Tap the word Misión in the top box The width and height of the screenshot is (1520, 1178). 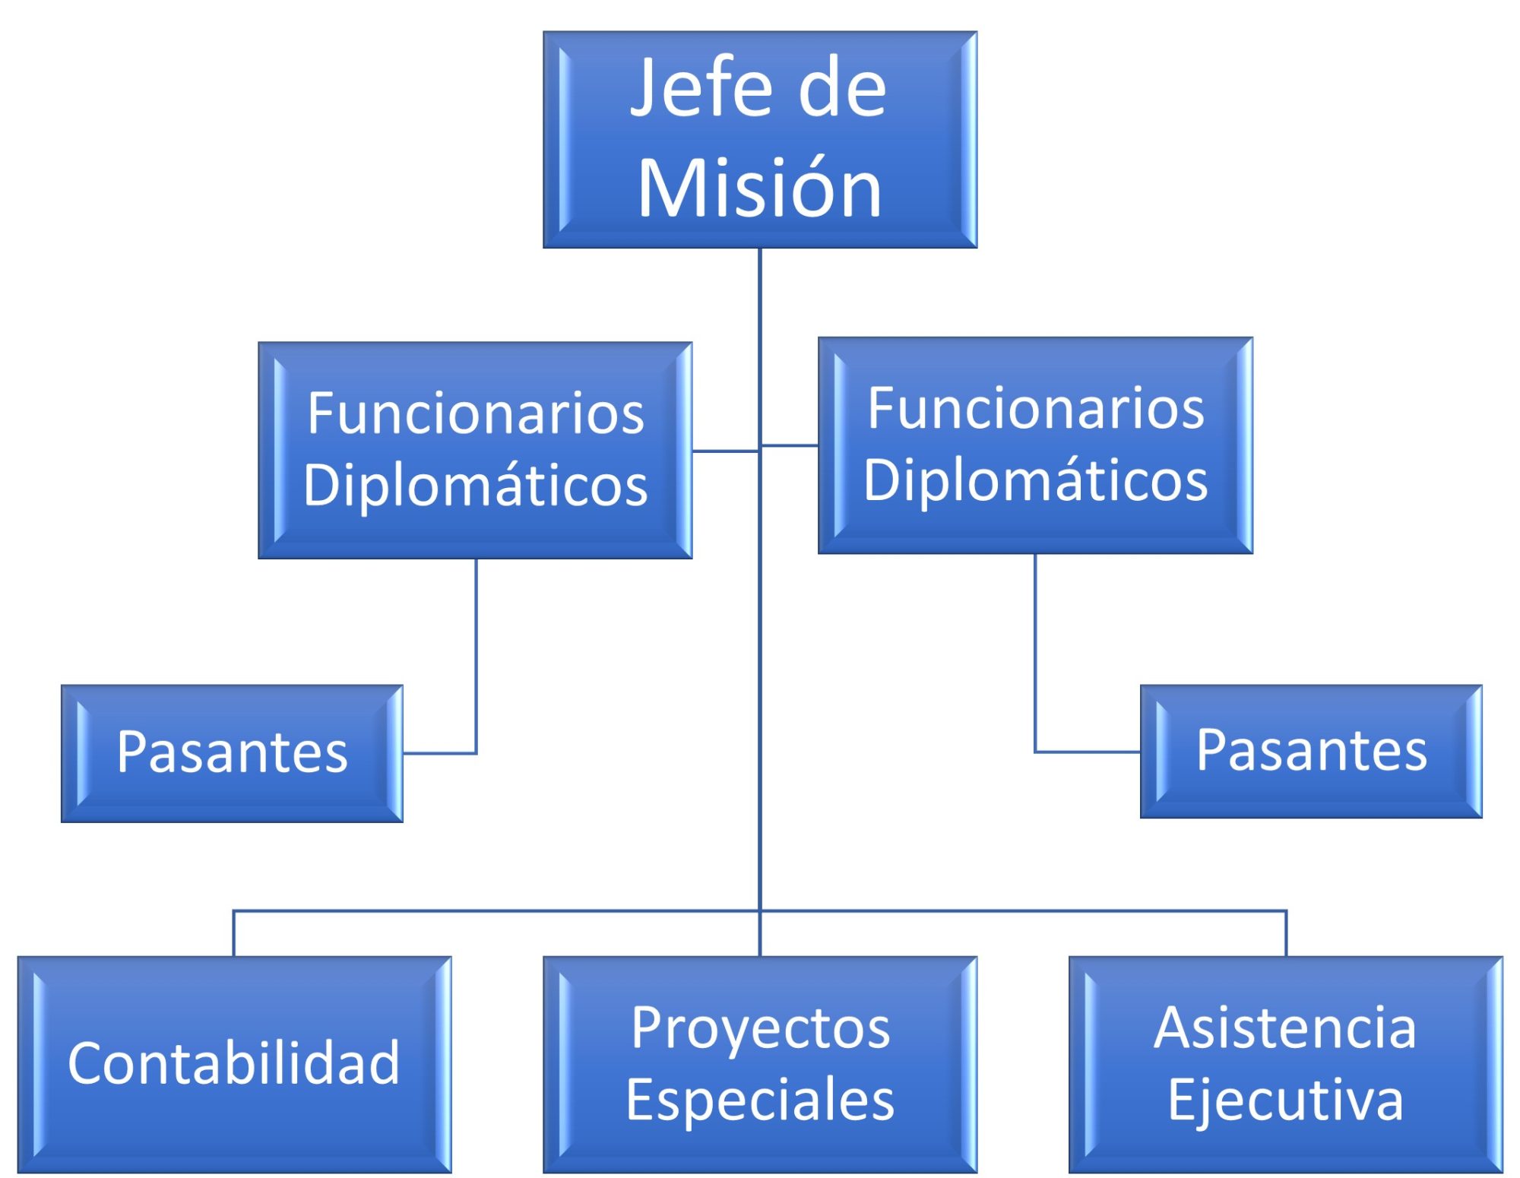point(759,188)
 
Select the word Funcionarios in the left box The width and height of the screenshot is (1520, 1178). point(476,413)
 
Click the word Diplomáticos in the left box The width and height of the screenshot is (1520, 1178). point(476,485)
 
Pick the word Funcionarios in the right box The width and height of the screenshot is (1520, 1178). point(1036,408)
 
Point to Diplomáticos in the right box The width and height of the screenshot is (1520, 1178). point(1036,480)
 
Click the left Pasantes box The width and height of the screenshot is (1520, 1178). point(232,752)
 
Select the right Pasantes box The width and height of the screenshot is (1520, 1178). point(1311,750)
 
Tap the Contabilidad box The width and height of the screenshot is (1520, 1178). point(234,1063)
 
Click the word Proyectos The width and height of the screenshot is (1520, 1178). point(760,1028)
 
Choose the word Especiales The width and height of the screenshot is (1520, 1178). point(760,1100)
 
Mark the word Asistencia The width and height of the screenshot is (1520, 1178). point(1285,1028)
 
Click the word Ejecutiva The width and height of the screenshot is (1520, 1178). point(1285,1100)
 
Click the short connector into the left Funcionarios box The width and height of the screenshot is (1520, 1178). point(725,451)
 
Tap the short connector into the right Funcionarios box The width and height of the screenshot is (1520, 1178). point(790,445)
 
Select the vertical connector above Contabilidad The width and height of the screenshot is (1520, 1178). point(233,933)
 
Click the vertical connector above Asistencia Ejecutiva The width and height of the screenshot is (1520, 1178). point(1286,933)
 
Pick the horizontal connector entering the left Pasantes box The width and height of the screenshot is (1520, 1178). point(439,753)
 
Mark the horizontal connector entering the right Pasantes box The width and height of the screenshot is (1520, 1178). point(1088,752)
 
